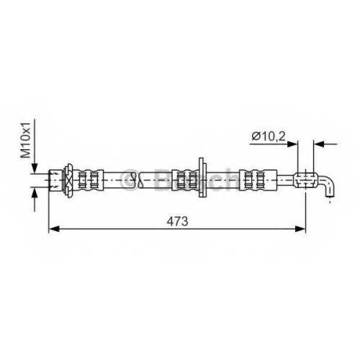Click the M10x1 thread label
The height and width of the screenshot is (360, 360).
click(26, 140)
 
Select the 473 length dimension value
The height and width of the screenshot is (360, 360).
click(178, 221)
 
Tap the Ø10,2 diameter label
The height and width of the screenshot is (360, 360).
click(269, 137)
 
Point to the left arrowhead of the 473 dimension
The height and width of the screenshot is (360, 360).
click(54, 229)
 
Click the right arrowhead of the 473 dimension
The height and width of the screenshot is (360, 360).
click(300, 229)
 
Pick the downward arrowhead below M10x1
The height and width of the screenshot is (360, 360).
click(35, 168)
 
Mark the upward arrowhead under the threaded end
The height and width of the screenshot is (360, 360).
click(35, 193)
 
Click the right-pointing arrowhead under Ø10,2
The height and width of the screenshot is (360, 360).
click(292, 144)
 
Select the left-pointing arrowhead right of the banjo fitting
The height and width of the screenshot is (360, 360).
click(319, 144)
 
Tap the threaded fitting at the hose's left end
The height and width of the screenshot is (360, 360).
click(55, 181)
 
